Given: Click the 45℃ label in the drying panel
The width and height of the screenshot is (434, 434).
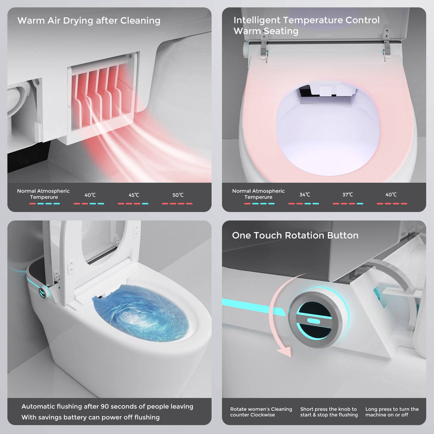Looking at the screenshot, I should pos(134,195).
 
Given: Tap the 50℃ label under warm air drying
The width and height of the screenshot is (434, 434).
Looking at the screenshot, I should pos(178,195).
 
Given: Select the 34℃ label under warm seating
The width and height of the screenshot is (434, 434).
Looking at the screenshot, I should pos(305,195).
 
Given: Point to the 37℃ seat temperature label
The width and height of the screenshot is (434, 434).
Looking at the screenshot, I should pos(348,195).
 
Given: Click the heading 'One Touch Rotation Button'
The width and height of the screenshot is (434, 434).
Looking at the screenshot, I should pos(295,235).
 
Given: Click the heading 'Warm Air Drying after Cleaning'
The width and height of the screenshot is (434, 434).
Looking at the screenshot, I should pos(89,21).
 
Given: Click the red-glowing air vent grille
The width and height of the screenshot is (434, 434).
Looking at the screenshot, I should pos(99,93).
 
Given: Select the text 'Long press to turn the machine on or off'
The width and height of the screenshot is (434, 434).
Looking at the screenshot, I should pos(392,412).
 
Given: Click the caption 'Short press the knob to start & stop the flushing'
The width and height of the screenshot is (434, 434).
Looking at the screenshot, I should pos(329,412).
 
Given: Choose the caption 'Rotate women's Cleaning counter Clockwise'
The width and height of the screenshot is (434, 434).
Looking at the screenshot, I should pos(261,412).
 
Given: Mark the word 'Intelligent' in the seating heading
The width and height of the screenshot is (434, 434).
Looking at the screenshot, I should pos(257,20).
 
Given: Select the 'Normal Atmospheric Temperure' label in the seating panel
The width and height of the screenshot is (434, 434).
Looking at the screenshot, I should pos(258,194).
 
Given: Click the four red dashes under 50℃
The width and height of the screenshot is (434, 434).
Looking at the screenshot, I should pos(177,204).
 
